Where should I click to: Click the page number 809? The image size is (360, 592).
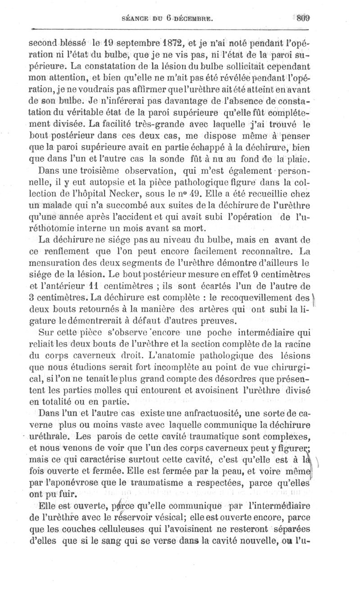coord(304,18)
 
